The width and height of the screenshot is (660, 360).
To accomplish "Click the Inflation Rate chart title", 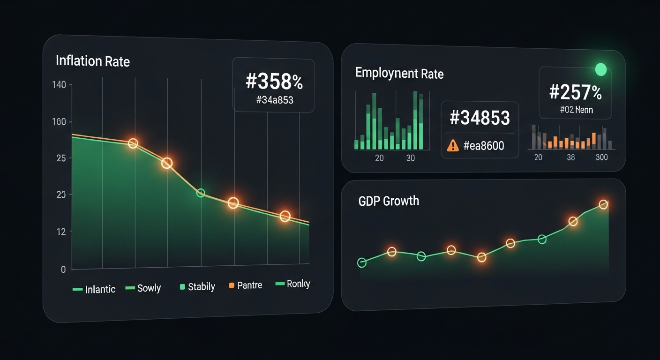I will [x=92, y=61].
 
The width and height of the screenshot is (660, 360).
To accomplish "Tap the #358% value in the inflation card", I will [x=274, y=82].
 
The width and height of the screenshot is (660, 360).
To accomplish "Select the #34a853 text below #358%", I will [x=275, y=99].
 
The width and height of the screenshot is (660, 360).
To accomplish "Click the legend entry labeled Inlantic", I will [x=94, y=289].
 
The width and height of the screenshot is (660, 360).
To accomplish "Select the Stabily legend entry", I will [x=197, y=286].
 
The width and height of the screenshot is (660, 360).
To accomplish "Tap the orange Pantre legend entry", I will [x=245, y=285].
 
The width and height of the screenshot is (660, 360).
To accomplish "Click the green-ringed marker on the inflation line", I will [x=201, y=193].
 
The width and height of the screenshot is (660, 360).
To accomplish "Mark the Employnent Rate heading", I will [x=399, y=73].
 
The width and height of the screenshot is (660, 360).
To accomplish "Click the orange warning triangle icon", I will [x=453, y=146].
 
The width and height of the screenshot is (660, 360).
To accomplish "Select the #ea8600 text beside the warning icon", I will [x=483, y=146].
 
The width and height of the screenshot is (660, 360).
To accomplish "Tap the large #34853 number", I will [x=479, y=118].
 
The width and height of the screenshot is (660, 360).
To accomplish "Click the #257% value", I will [x=575, y=92].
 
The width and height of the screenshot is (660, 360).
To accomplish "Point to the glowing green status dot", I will [x=600, y=70].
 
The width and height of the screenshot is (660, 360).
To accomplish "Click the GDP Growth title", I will [x=389, y=201].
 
